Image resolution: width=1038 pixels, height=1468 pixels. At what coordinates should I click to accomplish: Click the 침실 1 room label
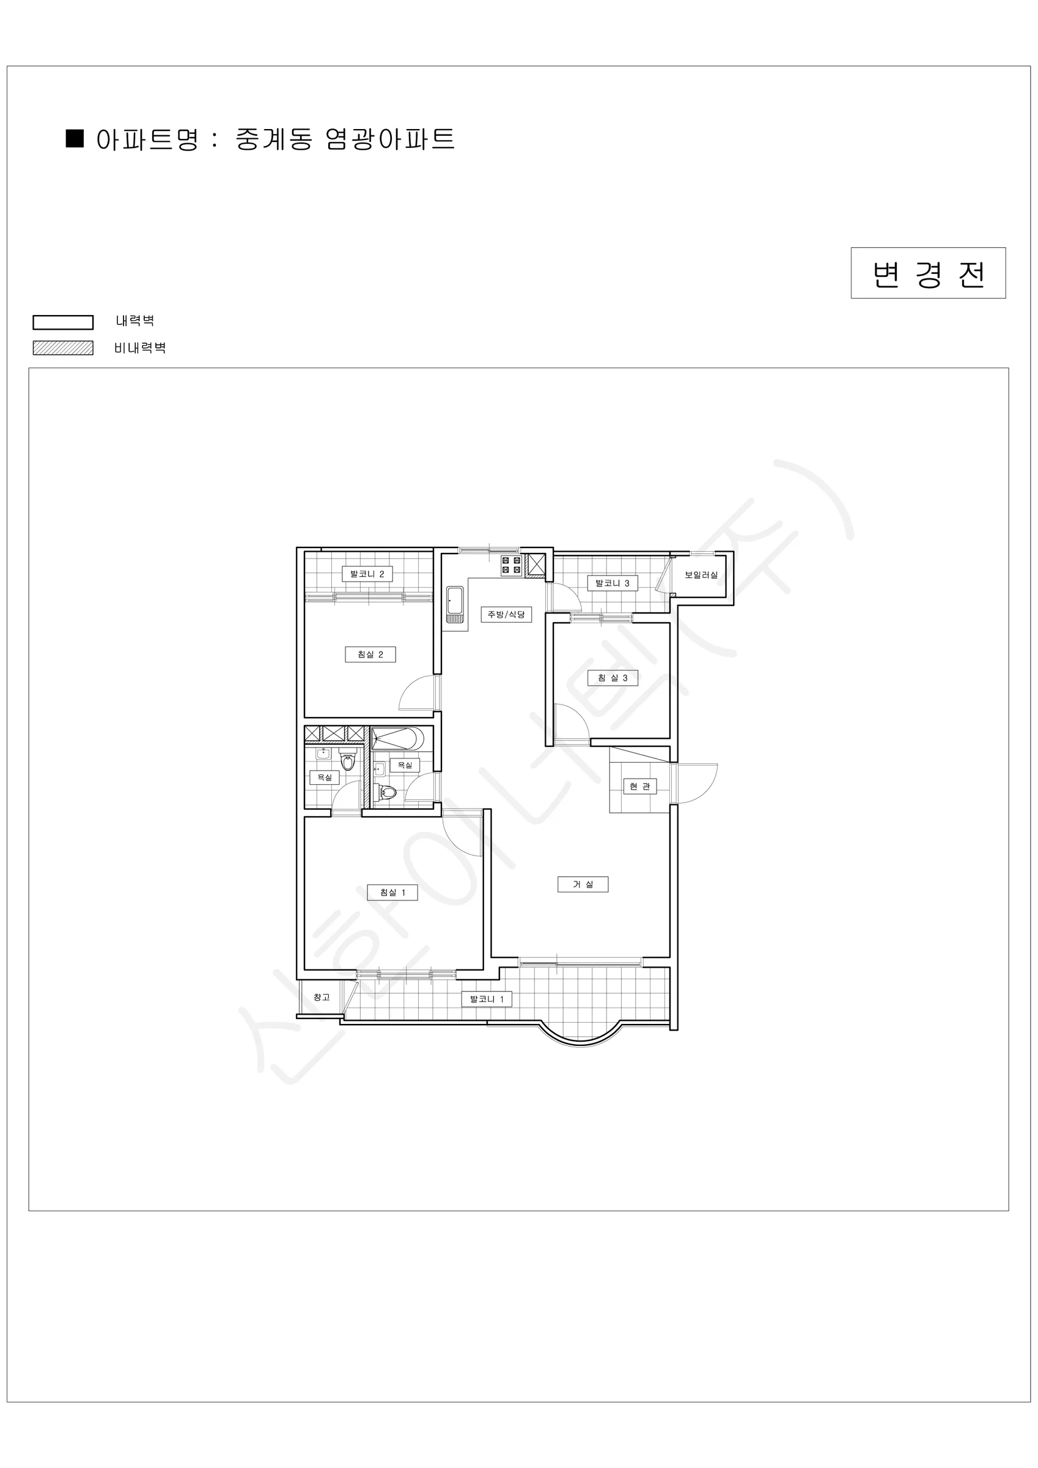coord(392,892)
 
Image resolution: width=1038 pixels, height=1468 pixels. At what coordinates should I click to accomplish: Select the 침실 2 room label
coord(370,654)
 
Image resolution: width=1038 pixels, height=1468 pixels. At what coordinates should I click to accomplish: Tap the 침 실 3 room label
coord(613,678)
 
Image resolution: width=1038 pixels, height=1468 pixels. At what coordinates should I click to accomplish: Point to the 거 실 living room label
coord(583,884)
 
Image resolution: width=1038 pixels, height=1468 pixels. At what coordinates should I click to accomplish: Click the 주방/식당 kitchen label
coord(506,615)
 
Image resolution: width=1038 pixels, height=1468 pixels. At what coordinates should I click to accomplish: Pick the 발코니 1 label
coord(487,999)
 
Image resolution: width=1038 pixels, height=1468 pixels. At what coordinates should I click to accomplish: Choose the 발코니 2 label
coord(367,574)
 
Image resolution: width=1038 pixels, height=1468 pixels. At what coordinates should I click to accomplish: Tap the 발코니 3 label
coord(613,583)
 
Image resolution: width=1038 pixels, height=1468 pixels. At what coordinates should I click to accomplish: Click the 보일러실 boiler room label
coord(701,575)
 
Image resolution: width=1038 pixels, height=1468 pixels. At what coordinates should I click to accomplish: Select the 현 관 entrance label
coord(639,786)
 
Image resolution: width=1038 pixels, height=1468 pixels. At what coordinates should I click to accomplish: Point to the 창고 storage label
coord(322,997)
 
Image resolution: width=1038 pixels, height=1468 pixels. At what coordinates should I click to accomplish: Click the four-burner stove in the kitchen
coord(511,565)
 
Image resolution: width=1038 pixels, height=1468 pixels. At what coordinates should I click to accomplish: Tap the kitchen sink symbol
coord(454,604)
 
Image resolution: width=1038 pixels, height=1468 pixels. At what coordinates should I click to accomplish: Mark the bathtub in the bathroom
coord(397,738)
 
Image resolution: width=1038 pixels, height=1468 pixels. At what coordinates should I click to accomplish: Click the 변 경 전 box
coord(928,273)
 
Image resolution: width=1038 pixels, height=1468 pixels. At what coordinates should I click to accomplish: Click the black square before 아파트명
coord(75,138)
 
